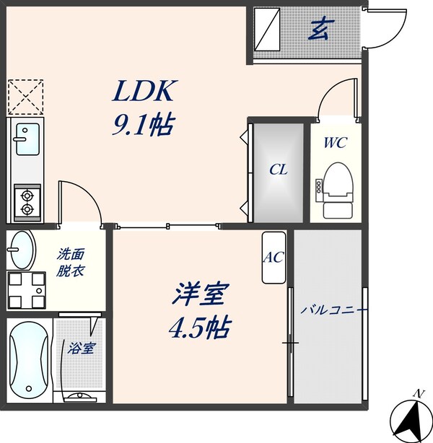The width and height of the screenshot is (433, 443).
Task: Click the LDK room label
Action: point(143,92)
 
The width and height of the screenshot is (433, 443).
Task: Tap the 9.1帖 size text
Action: point(143,127)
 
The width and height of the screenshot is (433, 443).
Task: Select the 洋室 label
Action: point(200,295)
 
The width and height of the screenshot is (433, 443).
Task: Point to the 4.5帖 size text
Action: point(200,328)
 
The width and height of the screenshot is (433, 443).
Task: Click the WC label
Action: point(335,143)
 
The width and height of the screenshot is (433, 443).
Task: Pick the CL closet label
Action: point(279,171)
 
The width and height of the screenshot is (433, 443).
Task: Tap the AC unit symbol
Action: point(274,258)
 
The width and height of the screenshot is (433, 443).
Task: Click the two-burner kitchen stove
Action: point(27,201)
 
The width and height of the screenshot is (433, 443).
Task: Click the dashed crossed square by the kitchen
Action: point(26,96)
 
